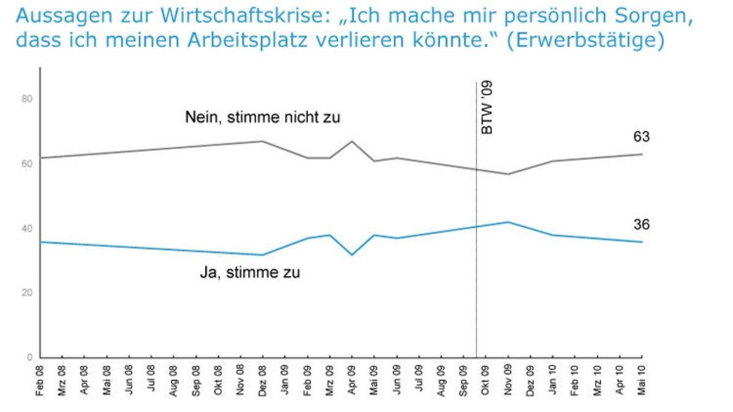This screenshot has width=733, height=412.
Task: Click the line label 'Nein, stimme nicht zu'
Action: [x=263, y=117]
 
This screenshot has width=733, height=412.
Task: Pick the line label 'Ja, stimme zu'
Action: [x=250, y=273]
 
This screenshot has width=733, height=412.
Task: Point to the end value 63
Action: [x=641, y=137]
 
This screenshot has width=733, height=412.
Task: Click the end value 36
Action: [x=641, y=225]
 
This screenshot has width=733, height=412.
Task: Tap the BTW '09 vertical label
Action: [x=487, y=110]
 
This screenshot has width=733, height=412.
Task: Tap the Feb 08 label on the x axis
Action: [x=40, y=380]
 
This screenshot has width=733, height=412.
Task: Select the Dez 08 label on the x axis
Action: [x=263, y=380]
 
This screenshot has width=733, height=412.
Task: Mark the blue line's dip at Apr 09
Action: [x=352, y=255]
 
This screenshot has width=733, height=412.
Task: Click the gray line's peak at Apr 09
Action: [x=352, y=141]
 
